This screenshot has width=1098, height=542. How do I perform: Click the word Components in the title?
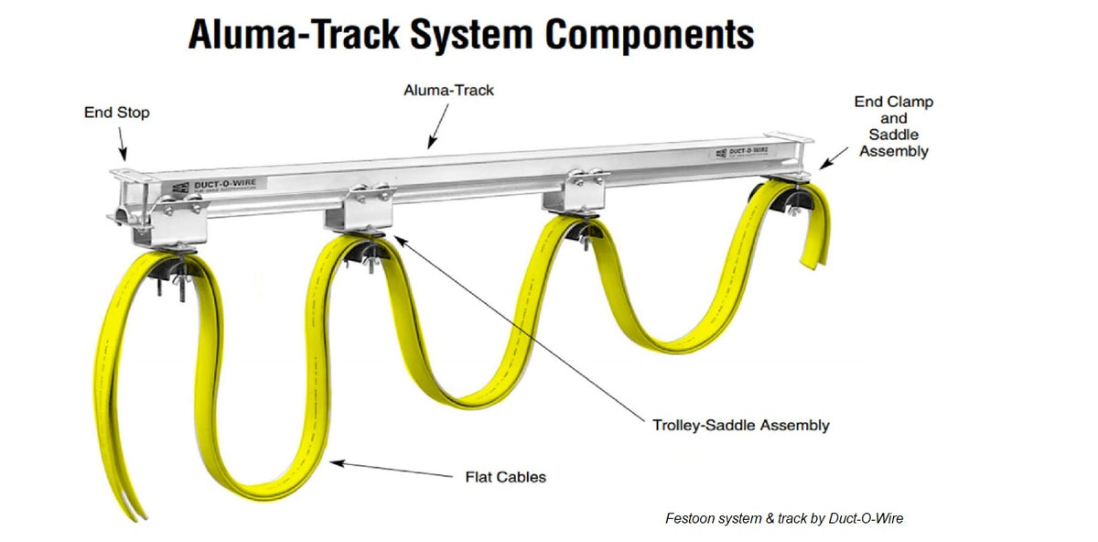649,35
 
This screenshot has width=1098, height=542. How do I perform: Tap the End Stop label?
116,113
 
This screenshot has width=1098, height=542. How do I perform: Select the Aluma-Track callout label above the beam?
448,91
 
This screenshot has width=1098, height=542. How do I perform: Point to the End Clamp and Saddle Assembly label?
893,126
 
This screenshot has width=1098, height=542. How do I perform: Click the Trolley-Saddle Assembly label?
741,425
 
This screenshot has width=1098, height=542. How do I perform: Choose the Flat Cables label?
505,476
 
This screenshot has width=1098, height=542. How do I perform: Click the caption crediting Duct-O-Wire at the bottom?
784,518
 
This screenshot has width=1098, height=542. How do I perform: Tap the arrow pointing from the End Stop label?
122,145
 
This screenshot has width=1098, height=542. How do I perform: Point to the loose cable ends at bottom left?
133,503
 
